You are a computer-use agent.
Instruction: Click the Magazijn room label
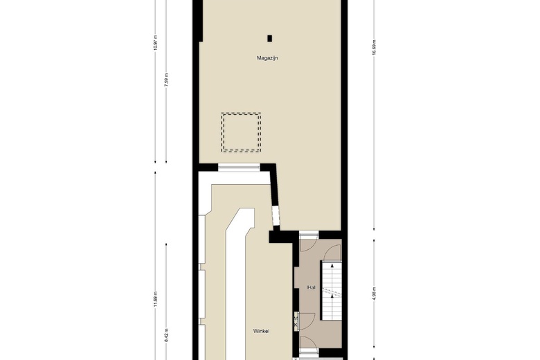267,58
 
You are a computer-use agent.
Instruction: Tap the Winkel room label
262,331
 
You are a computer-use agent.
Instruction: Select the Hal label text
312,287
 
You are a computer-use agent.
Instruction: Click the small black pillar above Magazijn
270,38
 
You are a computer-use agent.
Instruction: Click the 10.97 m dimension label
155,43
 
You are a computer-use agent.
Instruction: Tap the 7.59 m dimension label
166,79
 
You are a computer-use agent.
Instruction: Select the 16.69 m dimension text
375,47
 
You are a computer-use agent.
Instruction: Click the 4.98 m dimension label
375,294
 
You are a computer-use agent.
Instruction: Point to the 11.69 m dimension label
155,298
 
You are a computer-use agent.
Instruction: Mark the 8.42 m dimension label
166,335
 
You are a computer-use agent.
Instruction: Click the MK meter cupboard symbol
296,322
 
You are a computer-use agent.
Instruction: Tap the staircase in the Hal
332,290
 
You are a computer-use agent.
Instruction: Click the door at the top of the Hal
309,235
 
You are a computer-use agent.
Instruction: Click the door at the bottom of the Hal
309,351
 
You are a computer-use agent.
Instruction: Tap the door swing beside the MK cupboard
307,321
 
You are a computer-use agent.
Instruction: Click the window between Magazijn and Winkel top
239,167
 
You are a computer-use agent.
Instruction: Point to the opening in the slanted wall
276,216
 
